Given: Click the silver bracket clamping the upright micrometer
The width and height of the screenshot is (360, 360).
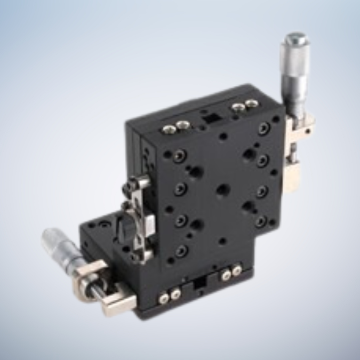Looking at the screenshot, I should pyautogui.click(x=299, y=127).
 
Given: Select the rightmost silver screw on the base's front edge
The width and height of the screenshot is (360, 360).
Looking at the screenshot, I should pyautogui.click(x=236, y=270).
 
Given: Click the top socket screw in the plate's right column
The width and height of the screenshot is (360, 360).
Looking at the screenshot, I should pyautogui.click(x=264, y=128).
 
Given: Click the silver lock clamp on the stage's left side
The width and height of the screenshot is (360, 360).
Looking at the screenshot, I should pyautogui.click(x=139, y=219).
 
